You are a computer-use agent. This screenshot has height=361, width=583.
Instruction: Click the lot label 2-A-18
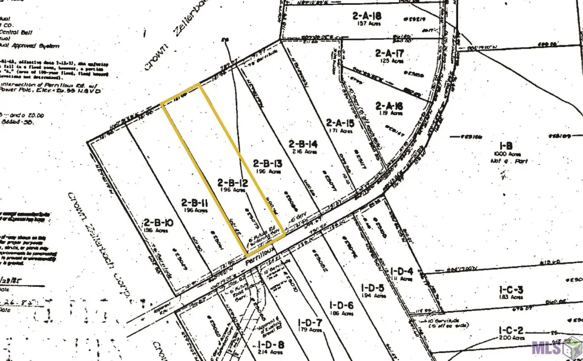click(x=367, y=16)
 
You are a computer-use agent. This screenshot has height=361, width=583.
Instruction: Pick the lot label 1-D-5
click(x=374, y=287)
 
